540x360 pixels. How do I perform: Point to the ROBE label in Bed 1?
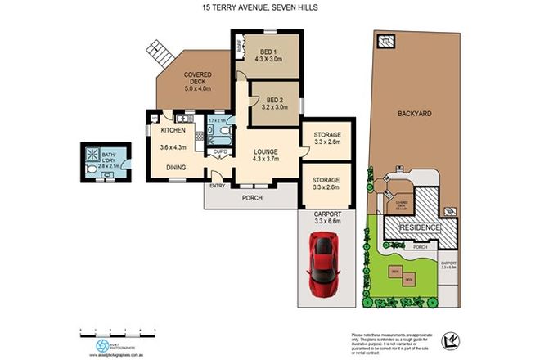point(240,47)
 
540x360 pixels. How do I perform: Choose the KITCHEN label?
point(172,131)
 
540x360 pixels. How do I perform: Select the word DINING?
point(176,168)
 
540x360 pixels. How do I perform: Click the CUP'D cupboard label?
point(219,151)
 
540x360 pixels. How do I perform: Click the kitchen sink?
point(178,116)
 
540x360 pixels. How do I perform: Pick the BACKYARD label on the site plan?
point(416,114)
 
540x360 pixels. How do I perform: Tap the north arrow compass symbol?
point(447,339)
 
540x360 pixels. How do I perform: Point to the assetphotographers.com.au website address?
point(106,354)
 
